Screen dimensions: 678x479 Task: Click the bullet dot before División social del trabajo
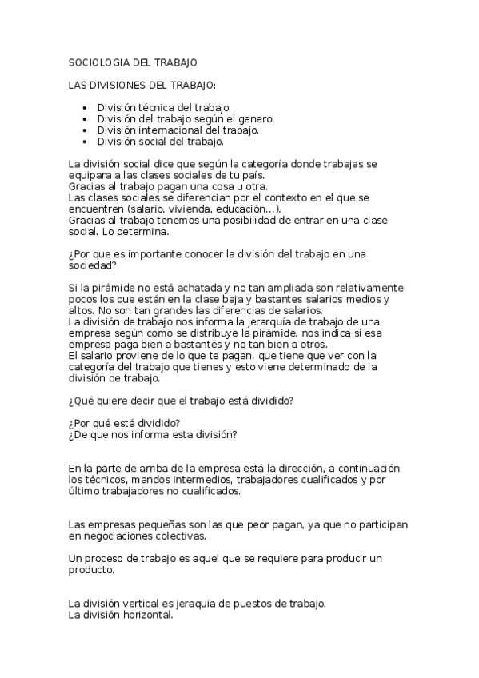[85, 142]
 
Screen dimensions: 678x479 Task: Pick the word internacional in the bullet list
[169, 130]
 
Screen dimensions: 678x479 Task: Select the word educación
[251, 208]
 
